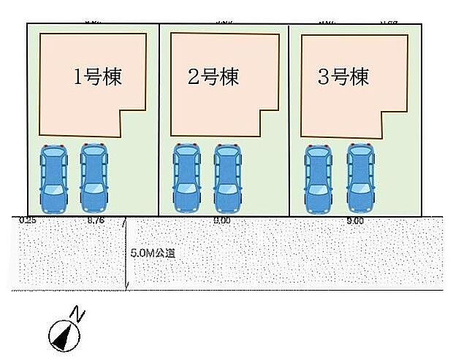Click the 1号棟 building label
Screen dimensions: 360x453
(x=98, y=77)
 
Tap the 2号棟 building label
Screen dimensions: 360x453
(x=213, y=77)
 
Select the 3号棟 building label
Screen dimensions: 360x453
(x=343, y=77)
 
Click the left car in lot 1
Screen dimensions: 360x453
(x=52, y=177)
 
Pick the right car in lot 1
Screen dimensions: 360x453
(x=94, y=177)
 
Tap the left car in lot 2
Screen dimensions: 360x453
(x=186, y=177)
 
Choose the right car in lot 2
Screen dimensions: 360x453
(x=226, y=177)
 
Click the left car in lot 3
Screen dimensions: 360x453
(x=318, y=177)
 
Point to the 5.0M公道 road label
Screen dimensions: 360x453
(x=153, y=253)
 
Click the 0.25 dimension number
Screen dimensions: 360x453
(x=28, y=219)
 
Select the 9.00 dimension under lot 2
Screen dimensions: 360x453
(x=223, y=220)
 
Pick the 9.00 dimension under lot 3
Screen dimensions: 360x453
(x=355, y=220)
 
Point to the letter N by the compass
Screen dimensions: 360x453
(x=78, y=315)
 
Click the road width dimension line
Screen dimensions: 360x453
(x=128, y=256)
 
